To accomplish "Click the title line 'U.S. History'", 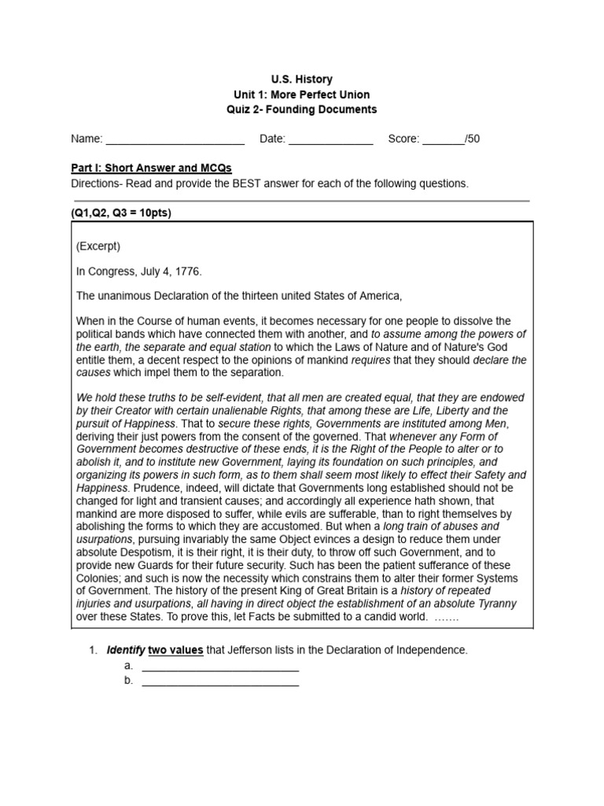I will tap(302, 79).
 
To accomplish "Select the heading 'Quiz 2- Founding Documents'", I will tap(302, 109).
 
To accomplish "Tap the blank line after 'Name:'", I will tap(175, 140).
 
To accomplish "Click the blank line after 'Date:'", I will tap(330, 140).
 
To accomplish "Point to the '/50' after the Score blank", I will tap(473, 139).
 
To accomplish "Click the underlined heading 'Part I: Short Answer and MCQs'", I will tap(151, 168).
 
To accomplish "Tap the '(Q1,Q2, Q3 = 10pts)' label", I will tap(121, 213).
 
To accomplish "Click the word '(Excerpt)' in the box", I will tap(98, 246).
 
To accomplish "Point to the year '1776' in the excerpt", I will tap(187, 272).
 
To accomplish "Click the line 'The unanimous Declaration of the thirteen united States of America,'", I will tap(239, 296).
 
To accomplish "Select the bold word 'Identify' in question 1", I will tap(125, 650).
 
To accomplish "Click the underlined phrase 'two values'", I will tap(175, 650).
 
